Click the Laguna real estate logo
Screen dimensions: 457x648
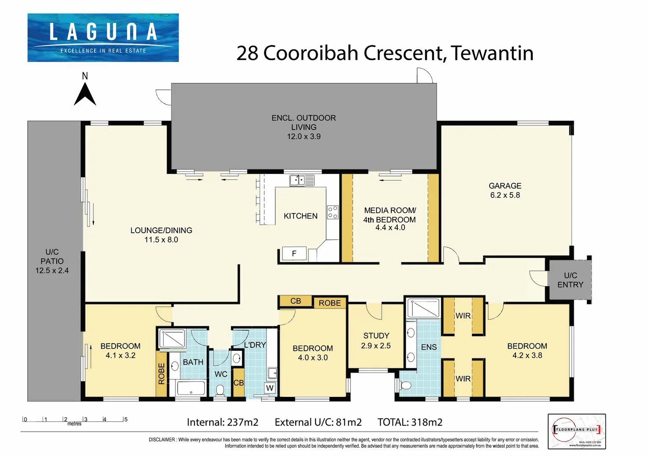click(x=103, y=38)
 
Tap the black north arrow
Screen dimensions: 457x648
click(x=85, y=95)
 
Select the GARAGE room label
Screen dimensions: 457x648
click(x=505, y=186)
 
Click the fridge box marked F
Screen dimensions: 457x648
click(x=294, y=253)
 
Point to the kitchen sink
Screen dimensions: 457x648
click(x=302, y=181)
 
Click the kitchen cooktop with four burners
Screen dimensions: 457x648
click(x=332, y=212)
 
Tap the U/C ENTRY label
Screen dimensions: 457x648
click(x=570, y=280)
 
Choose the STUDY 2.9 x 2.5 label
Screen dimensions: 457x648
click(x=376, y=341)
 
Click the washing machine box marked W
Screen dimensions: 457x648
click(x=270, y=388)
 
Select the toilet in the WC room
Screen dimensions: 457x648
click(x=220, y=390)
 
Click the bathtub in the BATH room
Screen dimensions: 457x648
click(x=191, y=388)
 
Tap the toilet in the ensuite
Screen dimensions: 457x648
click(x=405, y=385)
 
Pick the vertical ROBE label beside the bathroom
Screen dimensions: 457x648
click(x=161, y=374)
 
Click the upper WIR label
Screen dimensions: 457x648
click(x=463, y=316)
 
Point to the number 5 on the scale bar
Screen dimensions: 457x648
click(x=126, y=419)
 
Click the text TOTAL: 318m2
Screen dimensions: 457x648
click(x=410, y=422)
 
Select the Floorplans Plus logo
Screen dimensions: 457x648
click(x=576, y=431)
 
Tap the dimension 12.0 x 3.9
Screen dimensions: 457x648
click(x=304, y=137)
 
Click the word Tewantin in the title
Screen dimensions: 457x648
click(x=492, y=53)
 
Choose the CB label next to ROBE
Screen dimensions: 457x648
click(x=296, y=301)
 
